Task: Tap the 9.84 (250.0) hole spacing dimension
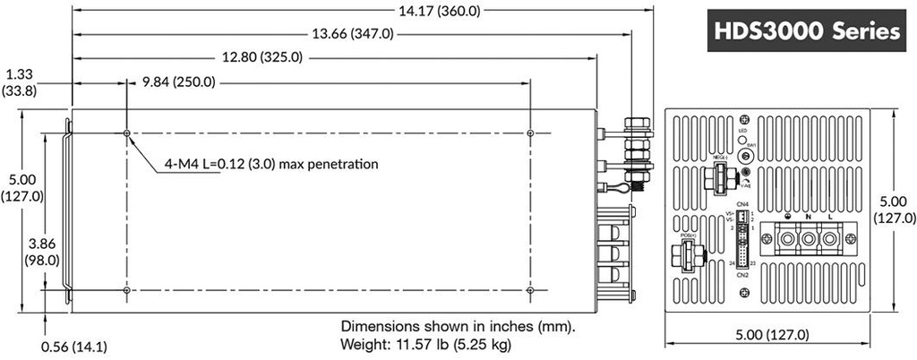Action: pos(179,82)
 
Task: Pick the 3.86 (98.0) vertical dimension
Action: pos(41,252)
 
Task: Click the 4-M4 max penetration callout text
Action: pos(270,164)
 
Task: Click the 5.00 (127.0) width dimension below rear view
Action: pos(772,335)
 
